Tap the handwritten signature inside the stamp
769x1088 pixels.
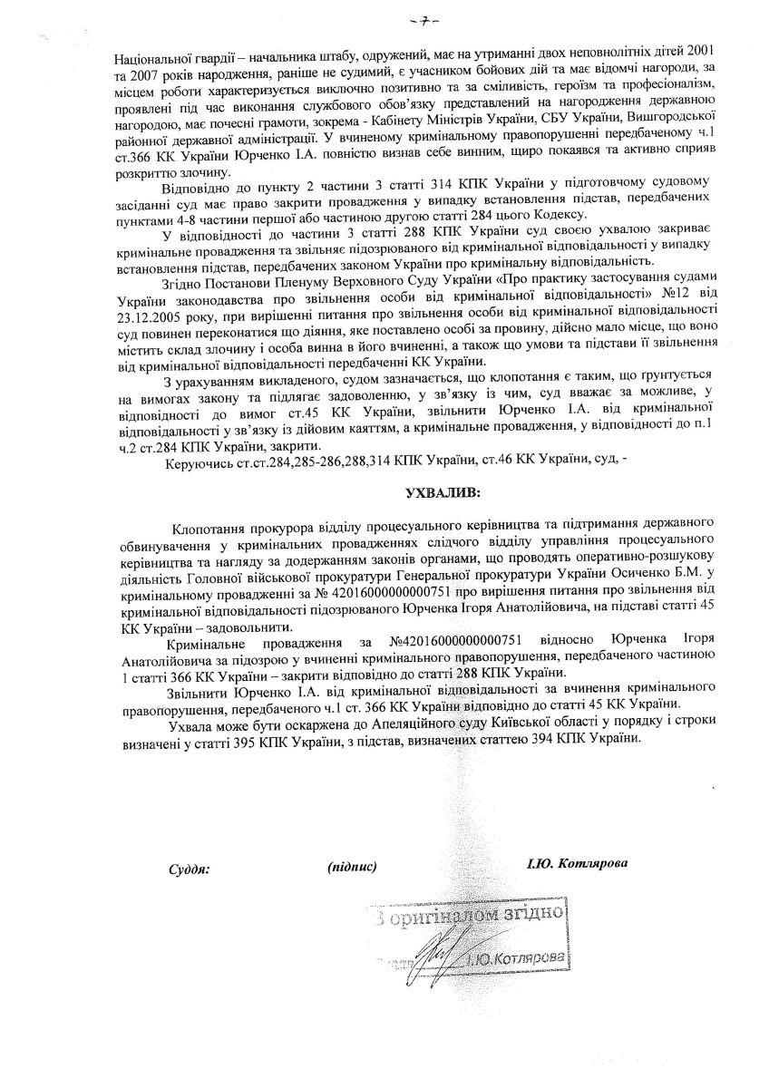[x=438, y=954]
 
